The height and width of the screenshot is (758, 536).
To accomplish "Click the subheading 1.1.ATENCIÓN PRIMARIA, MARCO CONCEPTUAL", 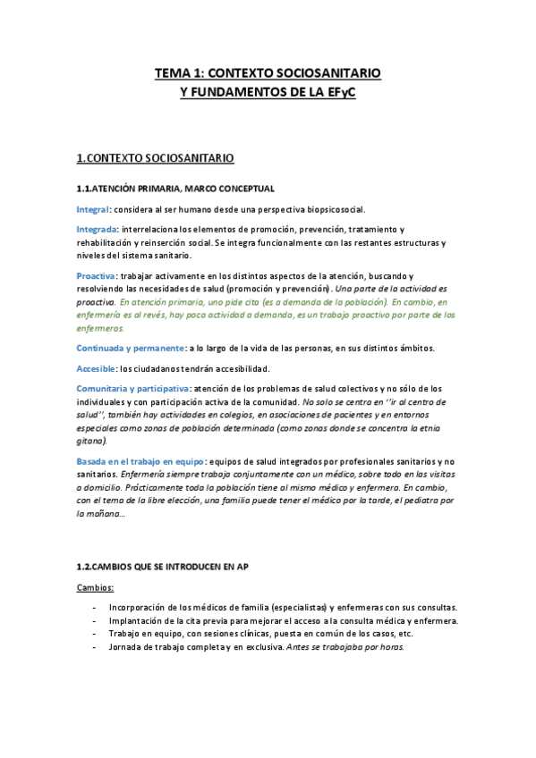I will pos(175,188).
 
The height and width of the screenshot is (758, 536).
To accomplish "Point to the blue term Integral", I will pos(92,208).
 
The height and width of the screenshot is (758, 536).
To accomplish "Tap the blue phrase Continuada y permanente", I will pos(131,347).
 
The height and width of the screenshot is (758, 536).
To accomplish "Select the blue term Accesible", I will pos(96,367).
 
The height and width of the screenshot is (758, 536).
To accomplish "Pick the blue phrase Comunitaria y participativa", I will pos(132,388).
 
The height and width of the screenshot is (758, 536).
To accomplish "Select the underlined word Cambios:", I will pos(95,587).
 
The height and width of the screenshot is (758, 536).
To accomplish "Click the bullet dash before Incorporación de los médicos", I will pos(95,608).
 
